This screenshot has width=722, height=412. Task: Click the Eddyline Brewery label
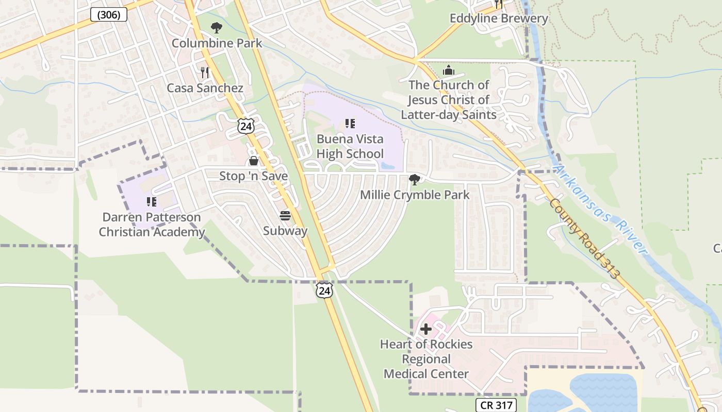(499, 19)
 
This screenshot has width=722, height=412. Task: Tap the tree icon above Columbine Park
(217, 28)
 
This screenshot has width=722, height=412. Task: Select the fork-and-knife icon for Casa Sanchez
(205, 73)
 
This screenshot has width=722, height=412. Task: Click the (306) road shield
(109, 14)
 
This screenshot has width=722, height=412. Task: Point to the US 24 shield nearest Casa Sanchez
(246, 125)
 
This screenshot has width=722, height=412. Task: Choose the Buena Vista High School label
(350, 146)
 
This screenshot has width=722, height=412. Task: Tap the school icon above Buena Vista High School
(350, 124)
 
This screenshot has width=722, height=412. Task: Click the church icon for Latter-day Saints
(449, 70)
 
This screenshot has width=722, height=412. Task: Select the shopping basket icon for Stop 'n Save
(253, 161)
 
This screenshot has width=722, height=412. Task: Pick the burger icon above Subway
(285, 216)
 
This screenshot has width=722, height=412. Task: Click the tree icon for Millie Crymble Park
(414, 180)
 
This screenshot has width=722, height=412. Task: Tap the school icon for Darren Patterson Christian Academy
(151, 201)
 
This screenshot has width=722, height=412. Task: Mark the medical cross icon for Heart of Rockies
(426, 329)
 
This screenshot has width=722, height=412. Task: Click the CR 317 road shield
(496, 405)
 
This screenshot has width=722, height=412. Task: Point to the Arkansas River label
(600, 209)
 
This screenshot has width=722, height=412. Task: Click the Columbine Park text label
(217, 43)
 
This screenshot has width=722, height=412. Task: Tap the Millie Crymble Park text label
(415, 195)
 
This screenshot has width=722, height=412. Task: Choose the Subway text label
(285, 231)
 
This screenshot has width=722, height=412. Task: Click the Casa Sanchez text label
(205, 88)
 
